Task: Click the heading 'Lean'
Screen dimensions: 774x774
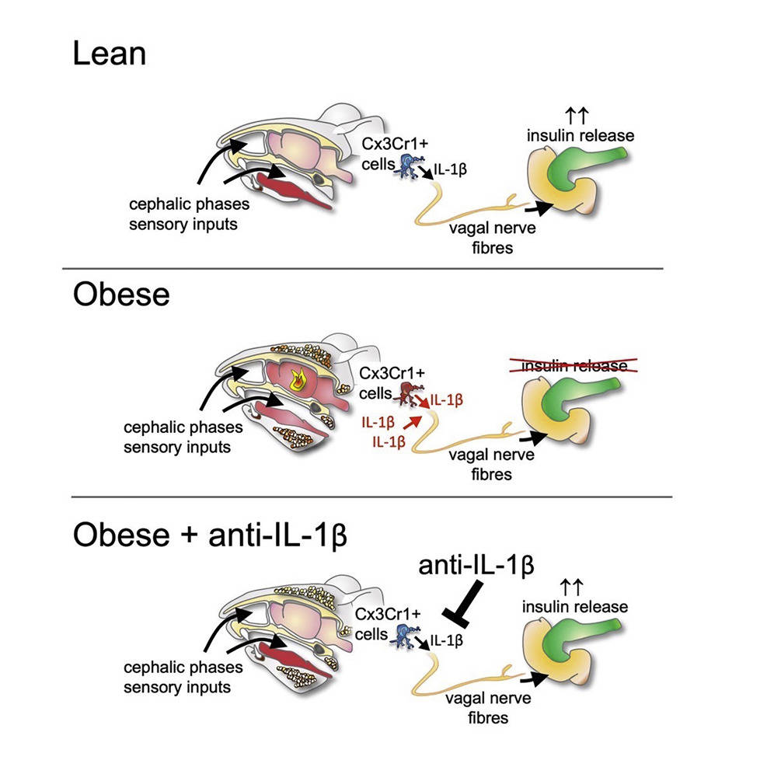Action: pyautogui.click(x=109, y=54)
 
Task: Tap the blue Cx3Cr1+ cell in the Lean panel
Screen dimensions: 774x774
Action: pyautogui.click(x=406, y=163)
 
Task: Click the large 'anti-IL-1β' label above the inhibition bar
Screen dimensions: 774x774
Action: pyautogui.click(x=476, y=567)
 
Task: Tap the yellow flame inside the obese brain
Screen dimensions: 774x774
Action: pyautogui.click(x=297, y=381)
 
